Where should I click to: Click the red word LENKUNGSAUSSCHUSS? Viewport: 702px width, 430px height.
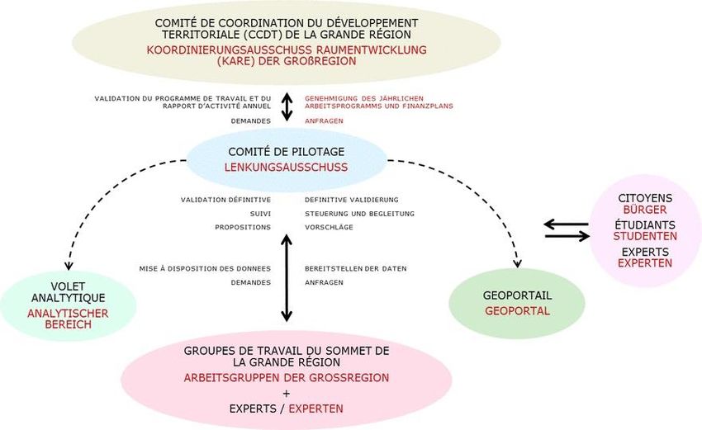coord(286,168)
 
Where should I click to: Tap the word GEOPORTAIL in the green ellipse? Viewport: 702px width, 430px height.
coord(517,295)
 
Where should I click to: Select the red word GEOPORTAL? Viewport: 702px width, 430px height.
coord(517,311)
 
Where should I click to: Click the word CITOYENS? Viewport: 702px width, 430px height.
coord(645,198)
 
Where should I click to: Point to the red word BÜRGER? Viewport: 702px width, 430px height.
coord(645,210)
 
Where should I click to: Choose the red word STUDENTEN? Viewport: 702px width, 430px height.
coord(645,236)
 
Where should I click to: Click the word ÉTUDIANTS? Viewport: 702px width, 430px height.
coord(645,224)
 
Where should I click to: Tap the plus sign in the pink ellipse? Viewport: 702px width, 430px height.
coord(287,394)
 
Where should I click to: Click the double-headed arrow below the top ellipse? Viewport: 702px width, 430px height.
coord(287,106)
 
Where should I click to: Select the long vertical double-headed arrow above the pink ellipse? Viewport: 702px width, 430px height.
coord(287,277)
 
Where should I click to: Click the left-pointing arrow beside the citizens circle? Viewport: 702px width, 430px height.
coord(567,224)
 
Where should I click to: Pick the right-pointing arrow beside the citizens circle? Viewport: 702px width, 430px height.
coord(567,236)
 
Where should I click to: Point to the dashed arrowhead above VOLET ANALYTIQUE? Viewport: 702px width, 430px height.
coord(69,266)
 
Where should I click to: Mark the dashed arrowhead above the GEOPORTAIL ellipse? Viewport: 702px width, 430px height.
coord(518,263)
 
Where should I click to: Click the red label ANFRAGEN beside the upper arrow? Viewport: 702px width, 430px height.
coord(324,120)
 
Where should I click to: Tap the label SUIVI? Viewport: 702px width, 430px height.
coord(260,214)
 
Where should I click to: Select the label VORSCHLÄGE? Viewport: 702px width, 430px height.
coord(329,227)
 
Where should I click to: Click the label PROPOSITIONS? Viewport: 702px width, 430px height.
coord(243,227)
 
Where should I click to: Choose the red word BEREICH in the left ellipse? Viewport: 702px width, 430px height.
coord(68,324)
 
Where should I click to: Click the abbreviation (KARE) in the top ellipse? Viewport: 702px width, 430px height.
coord(235,61)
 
